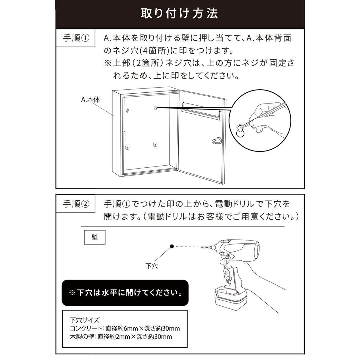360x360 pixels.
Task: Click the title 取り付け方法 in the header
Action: point(179,13)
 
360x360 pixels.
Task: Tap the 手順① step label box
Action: point(76,38)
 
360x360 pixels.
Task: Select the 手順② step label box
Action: point(76,204)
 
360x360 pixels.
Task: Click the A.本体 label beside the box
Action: point(90,100)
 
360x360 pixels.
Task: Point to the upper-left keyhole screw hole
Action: point(127,110)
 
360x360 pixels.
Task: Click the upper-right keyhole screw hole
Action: point(155,108)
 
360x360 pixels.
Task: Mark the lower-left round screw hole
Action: point(127,148)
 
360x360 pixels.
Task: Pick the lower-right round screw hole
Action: point(155,145)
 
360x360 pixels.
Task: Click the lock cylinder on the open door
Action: point(217,141)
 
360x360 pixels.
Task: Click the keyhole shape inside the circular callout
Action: point(240,131)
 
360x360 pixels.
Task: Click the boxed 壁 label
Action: point(95,237)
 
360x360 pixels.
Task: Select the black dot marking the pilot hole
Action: point(172,246)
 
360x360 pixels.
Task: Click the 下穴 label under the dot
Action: point(151,266)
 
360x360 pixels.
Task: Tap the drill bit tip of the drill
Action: point(201,247)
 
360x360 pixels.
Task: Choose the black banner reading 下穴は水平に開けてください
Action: point(125,293)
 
